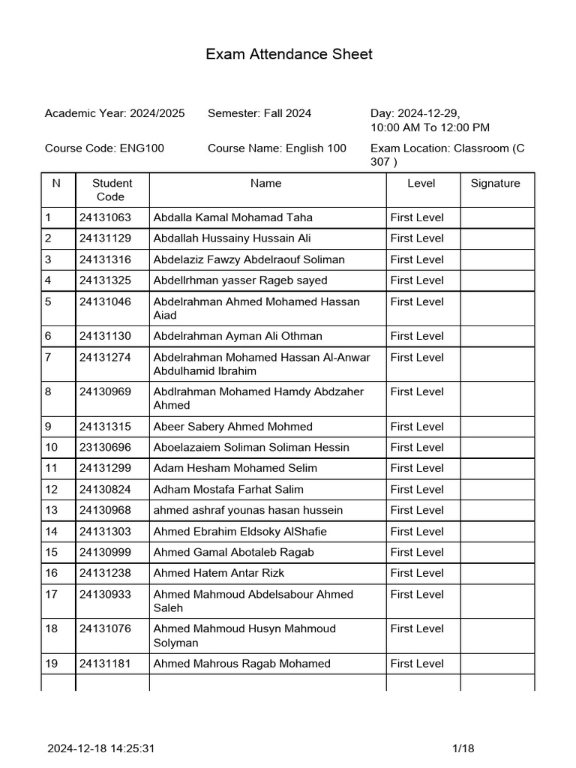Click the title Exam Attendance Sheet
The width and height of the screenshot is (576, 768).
click(x=289, y=54)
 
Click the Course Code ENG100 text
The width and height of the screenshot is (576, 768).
click(x=104, y=148)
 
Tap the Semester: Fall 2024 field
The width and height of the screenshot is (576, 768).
click(x=259, y=113)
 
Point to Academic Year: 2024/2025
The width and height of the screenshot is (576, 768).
click(x=115, y=113)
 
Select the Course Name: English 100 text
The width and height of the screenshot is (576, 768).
click(x=277, y=148)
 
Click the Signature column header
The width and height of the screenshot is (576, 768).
click(x=495, y=183)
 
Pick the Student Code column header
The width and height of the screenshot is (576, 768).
click(x=112, y=190)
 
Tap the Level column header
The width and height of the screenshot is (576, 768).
click(x=421, y=183)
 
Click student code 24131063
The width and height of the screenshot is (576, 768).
click(x=105, y=217)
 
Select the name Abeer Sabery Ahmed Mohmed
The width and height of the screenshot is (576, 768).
click(x=232, y=426)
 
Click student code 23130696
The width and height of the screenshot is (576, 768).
click(x=105, y=447)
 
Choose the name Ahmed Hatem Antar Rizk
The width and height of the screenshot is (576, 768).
click(x=218, y=573)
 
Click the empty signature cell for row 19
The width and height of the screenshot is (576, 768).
click(x=497, y=664)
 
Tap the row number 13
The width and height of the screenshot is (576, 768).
click(x=51, y=510)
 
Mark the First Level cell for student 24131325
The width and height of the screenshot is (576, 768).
click(x=417, y=280)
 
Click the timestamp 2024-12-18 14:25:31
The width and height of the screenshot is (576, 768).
click(x=101, y=748)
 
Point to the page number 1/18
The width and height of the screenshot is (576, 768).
click(x=463, y=748)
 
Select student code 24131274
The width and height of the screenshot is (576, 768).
click(x=105, y=358)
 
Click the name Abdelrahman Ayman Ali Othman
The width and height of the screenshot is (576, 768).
click(x=238, y=336)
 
